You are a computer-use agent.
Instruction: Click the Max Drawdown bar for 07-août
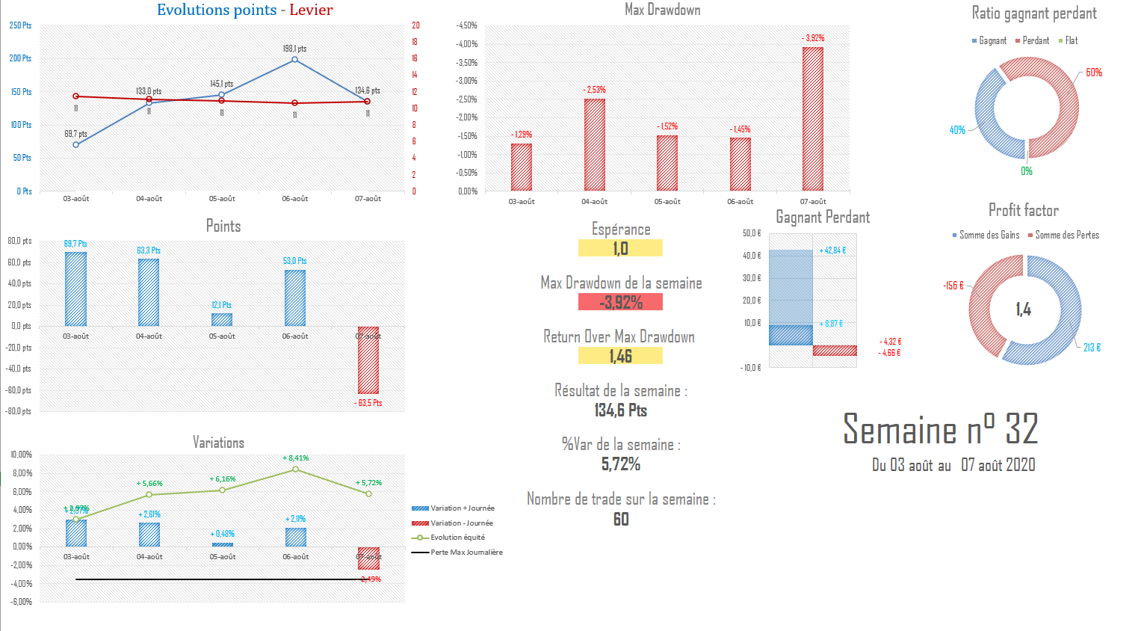pyautogui.click(x=813, y=118)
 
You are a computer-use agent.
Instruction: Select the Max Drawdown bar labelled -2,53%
pyautogui.click(x=595, y=144)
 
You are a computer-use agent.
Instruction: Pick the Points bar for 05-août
pyautogui.click(x=222, y=319)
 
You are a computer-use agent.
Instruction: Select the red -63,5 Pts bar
pyautogui.click(x=368, y=360)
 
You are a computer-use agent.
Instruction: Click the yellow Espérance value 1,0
pyautogui.click(x=620, y=248)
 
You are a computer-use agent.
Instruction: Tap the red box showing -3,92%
pyautogui.click(x=620, y=302)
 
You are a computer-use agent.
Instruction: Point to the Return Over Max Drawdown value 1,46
pyautogui.click(x=620, y=356)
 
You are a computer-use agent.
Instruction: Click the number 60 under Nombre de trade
pyautogui.click(x=621, y=519)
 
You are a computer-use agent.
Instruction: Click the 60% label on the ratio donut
pyautogui.click(x=1094, y=73)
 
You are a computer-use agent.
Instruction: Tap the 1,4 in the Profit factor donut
pyautogui.click(x=1023, y=310)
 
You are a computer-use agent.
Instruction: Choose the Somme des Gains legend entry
pyautogui.click(x=986, y=235)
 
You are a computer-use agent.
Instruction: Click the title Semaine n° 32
pyautogui.click(x=940, y=429)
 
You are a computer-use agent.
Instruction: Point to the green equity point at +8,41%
pyautogui.click(x=296, y=469)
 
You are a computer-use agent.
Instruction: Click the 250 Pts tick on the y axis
pyautogui.click(x=21, y=25)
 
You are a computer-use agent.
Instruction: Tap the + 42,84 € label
pyautogui.click(x=832, y=250)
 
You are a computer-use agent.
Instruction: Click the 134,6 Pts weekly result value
pyautogui.click(x=621, y=410)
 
